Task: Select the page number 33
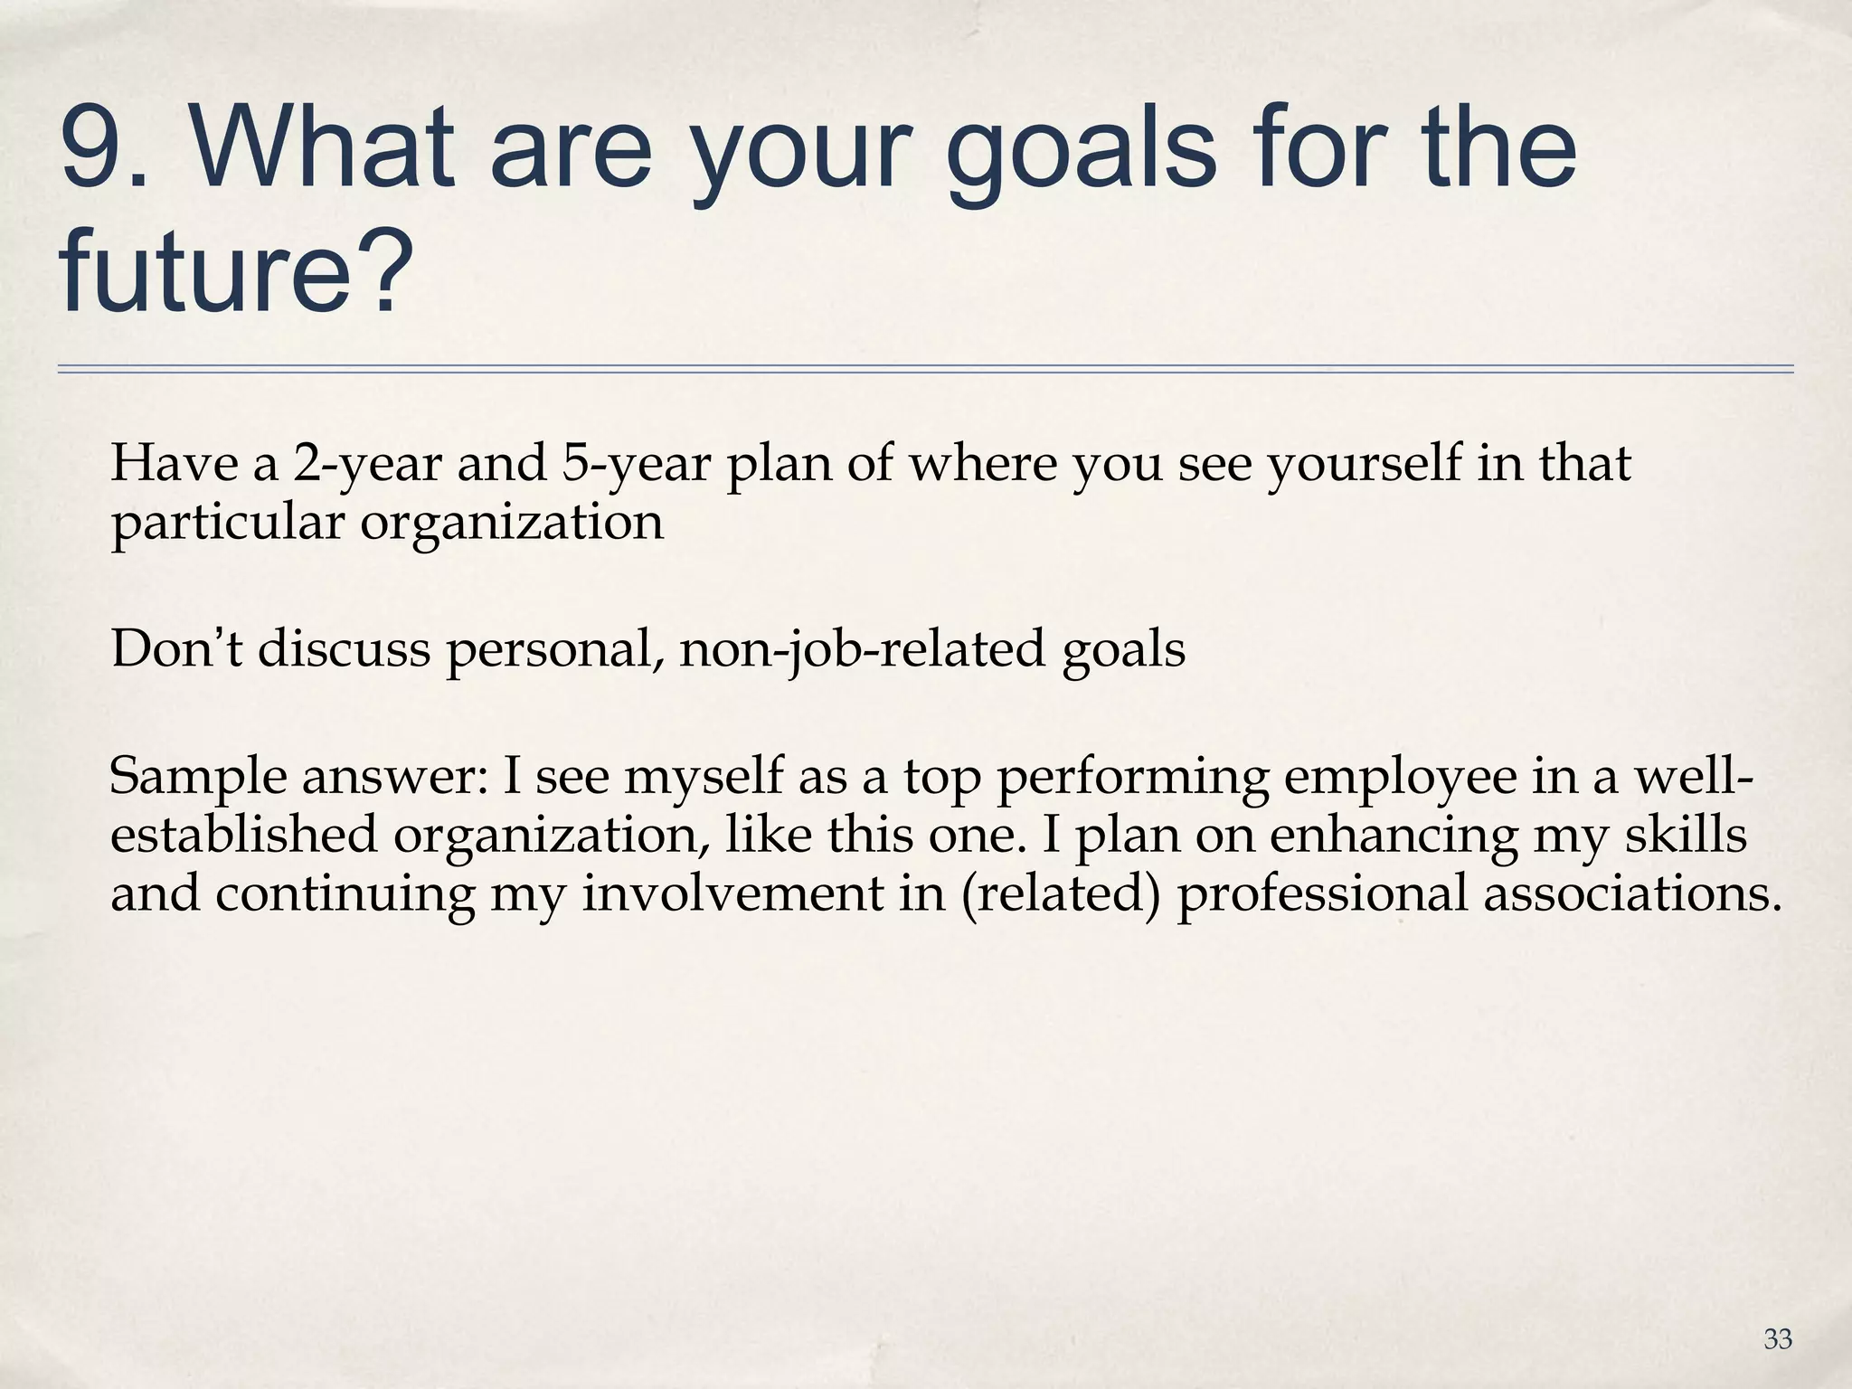point(1777,1339)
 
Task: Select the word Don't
point(177,648)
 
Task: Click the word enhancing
point(1393,836)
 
